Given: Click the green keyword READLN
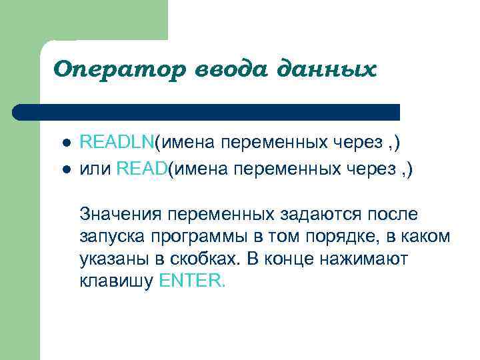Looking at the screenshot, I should pos(117,142).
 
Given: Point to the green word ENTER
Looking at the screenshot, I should pos(193,281).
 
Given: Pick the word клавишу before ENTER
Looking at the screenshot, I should pos(117,281).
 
